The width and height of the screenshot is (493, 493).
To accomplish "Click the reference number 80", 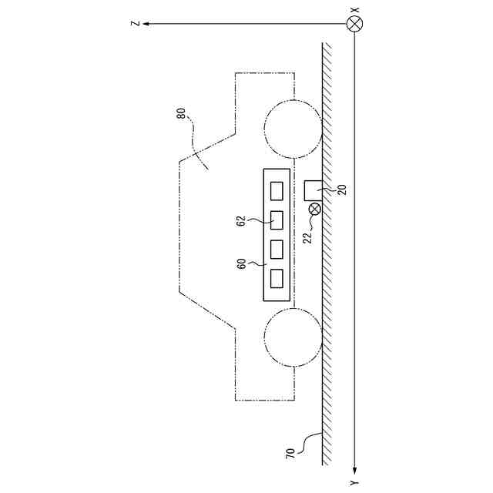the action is coord(181,113).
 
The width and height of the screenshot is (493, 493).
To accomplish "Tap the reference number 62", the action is coord(240,221).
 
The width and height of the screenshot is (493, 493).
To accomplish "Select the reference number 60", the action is coord(241,263).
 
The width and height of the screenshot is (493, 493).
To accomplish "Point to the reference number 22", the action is coord(308,238).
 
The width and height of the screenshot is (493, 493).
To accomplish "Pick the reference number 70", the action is coord(290,454).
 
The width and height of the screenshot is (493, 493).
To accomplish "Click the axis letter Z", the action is coord(136,24).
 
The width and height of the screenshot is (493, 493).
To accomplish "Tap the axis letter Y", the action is coord(354,483).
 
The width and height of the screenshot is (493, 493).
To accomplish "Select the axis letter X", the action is coord(354,10).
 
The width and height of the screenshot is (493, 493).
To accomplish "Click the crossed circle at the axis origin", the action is coord(354,24).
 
